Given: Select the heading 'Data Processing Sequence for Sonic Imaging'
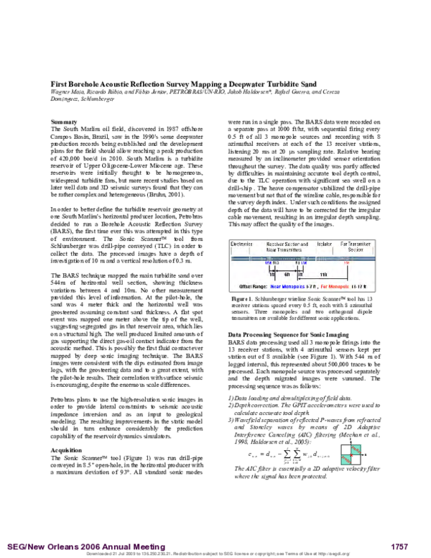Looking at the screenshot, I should (x=286, y=335).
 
